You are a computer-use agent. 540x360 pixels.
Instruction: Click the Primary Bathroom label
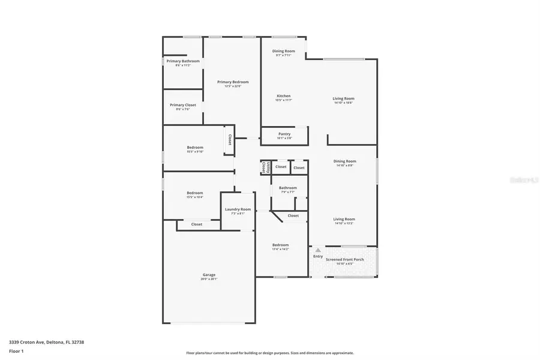pos(183,61)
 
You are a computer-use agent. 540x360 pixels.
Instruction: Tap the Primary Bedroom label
pos(233,82)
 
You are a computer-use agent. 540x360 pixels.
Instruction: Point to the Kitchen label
pos(283,96)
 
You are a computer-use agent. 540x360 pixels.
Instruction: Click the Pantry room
pos(284,136)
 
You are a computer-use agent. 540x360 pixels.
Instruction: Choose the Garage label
pos(209,275)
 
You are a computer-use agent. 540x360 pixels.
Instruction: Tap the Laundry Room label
pos(238,209)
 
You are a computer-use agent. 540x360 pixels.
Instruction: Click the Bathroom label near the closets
pos(288,188)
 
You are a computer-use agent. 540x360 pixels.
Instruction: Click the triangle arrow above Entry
pos(318,250)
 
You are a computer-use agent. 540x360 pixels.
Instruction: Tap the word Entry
pos(318,256)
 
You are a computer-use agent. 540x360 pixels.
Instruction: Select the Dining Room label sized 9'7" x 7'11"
pos(284,52)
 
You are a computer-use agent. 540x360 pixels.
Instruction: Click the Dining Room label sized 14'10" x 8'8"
pos(344,161)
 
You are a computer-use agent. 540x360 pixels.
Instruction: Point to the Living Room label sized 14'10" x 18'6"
pos(344,98)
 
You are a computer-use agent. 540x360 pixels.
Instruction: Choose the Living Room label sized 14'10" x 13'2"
pos(344,219)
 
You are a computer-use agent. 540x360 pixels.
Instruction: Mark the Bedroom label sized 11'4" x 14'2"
pos(280,245)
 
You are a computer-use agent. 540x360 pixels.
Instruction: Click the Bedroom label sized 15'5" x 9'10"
pos(194,148)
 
